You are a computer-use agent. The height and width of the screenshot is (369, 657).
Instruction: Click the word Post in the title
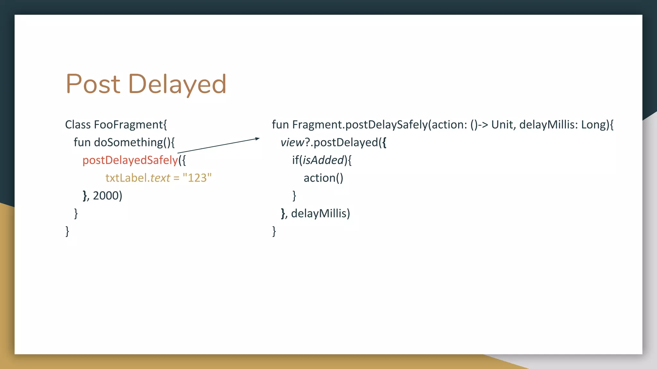[x=93, y=84]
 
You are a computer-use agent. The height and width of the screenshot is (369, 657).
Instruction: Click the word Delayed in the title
[x=177, y=84]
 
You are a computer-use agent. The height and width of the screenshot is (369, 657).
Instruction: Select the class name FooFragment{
[x=130, y=125]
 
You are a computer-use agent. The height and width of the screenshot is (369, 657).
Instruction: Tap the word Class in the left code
[x=78, y=125]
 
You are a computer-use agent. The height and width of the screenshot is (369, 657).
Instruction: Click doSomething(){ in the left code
[x=134, y=142]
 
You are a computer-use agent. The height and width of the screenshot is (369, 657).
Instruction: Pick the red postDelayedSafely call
[x=130, y=160]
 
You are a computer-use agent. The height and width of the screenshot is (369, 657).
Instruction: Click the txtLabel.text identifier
[x=138, y=178]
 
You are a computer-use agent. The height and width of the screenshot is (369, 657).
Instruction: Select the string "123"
[x=197, y=178]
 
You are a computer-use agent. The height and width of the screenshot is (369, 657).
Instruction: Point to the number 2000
[x=106, y=195]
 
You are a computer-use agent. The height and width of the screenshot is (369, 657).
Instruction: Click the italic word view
[x=292, y=142]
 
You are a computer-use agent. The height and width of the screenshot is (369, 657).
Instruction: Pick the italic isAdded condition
[x=323, y=160]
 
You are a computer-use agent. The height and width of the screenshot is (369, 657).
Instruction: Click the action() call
[x=323, y=178]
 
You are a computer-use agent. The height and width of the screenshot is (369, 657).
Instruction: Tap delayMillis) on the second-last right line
[x=320, y=213]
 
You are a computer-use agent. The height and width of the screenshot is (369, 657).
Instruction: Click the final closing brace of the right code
[x=274, y=231]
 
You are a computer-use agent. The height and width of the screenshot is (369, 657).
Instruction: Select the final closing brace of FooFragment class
[x=67, y=231]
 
